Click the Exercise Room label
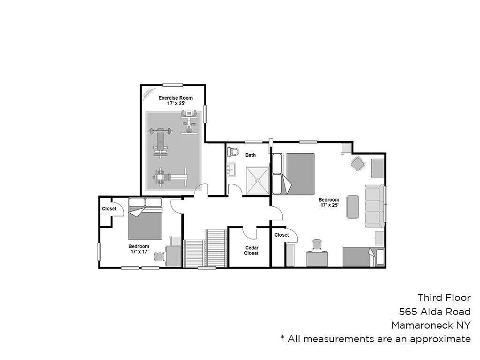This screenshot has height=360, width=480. (x=175, y=98)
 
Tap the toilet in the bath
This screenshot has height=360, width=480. (x=233, y=151)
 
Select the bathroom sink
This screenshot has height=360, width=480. (x=231, y=170)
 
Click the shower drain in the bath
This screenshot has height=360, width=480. (x=258, y=181)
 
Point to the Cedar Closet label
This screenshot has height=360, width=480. (x=251, y=250)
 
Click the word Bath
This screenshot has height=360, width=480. (x=250, y=155)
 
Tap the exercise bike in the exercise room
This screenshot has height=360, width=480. (x=188, y=122)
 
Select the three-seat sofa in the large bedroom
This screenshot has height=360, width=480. (x=375, y=206)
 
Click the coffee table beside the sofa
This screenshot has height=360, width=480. (x=352, y=207)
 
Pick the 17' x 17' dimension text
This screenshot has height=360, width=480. (x=140, y=252)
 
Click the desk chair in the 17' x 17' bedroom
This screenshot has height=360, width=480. (x=159, y=256)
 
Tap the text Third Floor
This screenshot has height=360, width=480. (x=444, y=298)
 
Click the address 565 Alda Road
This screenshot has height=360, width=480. (x=435, y=312)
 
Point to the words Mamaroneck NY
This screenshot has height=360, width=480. (x=431, y=325)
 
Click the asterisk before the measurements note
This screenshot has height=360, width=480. (x=283, y=337)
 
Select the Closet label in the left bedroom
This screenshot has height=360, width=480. (x=109, y=209)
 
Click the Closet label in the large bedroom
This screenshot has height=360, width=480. (x=282, y=235)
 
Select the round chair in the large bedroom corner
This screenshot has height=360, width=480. (x=358, y=164)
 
